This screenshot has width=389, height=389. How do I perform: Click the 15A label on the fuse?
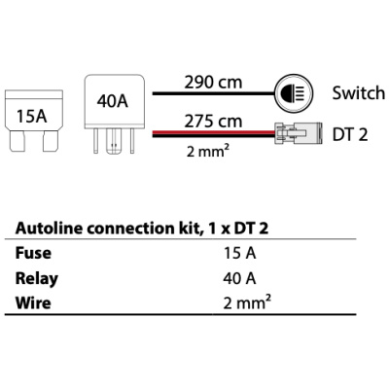(31, 116)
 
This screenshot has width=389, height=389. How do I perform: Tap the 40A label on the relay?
(113, 101)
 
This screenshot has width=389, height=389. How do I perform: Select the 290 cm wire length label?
(213, 82)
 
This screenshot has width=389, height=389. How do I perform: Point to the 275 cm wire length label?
(213, 121)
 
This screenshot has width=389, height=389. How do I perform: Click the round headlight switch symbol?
(295, 93)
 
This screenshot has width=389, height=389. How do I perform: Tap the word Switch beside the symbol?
(359, 93)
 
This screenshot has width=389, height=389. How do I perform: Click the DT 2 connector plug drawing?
(299, 133)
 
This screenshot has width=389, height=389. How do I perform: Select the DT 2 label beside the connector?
(350, 134)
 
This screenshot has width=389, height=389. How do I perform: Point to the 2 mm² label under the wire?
(206, 151)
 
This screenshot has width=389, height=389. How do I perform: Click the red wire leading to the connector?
(214, 132)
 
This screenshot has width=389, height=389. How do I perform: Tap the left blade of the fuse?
(17, 141)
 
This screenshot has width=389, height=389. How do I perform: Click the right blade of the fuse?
(51, 141)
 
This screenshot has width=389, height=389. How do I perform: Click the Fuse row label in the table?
(33, 253)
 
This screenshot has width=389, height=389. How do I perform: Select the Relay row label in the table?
(37, 279)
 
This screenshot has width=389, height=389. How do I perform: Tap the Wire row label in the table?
(33, 302)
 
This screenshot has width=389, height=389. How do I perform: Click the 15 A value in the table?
(239, 253)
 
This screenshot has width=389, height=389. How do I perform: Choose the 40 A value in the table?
(239, 278)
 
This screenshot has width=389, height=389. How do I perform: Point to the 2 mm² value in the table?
(247, 302)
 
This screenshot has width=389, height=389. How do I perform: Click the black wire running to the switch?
(214, 93)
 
